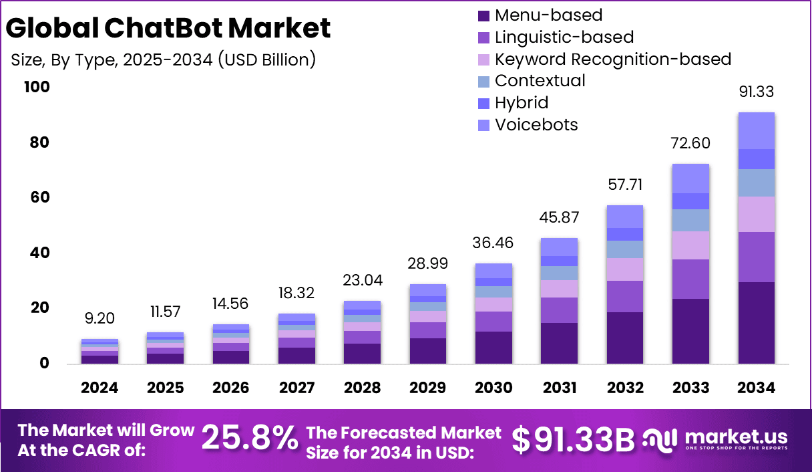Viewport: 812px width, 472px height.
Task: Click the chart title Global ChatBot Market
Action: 168,28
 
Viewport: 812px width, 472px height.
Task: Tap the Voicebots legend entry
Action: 536,125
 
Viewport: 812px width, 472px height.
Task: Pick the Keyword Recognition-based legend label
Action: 612,59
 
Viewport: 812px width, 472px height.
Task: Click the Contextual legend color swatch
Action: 484,81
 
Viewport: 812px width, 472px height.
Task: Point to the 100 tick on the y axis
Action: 36,88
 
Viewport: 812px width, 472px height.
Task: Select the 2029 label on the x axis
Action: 427,388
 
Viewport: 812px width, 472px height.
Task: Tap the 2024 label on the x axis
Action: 99,388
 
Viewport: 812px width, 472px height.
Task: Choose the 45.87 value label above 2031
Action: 559,218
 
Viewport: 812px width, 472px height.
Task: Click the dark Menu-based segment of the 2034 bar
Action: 756,323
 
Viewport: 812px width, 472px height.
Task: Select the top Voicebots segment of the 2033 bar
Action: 690,179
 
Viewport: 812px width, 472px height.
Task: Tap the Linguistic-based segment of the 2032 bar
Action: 624,296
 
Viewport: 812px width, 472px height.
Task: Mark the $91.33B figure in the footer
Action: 573,439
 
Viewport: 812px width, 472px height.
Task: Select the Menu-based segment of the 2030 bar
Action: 493,347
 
